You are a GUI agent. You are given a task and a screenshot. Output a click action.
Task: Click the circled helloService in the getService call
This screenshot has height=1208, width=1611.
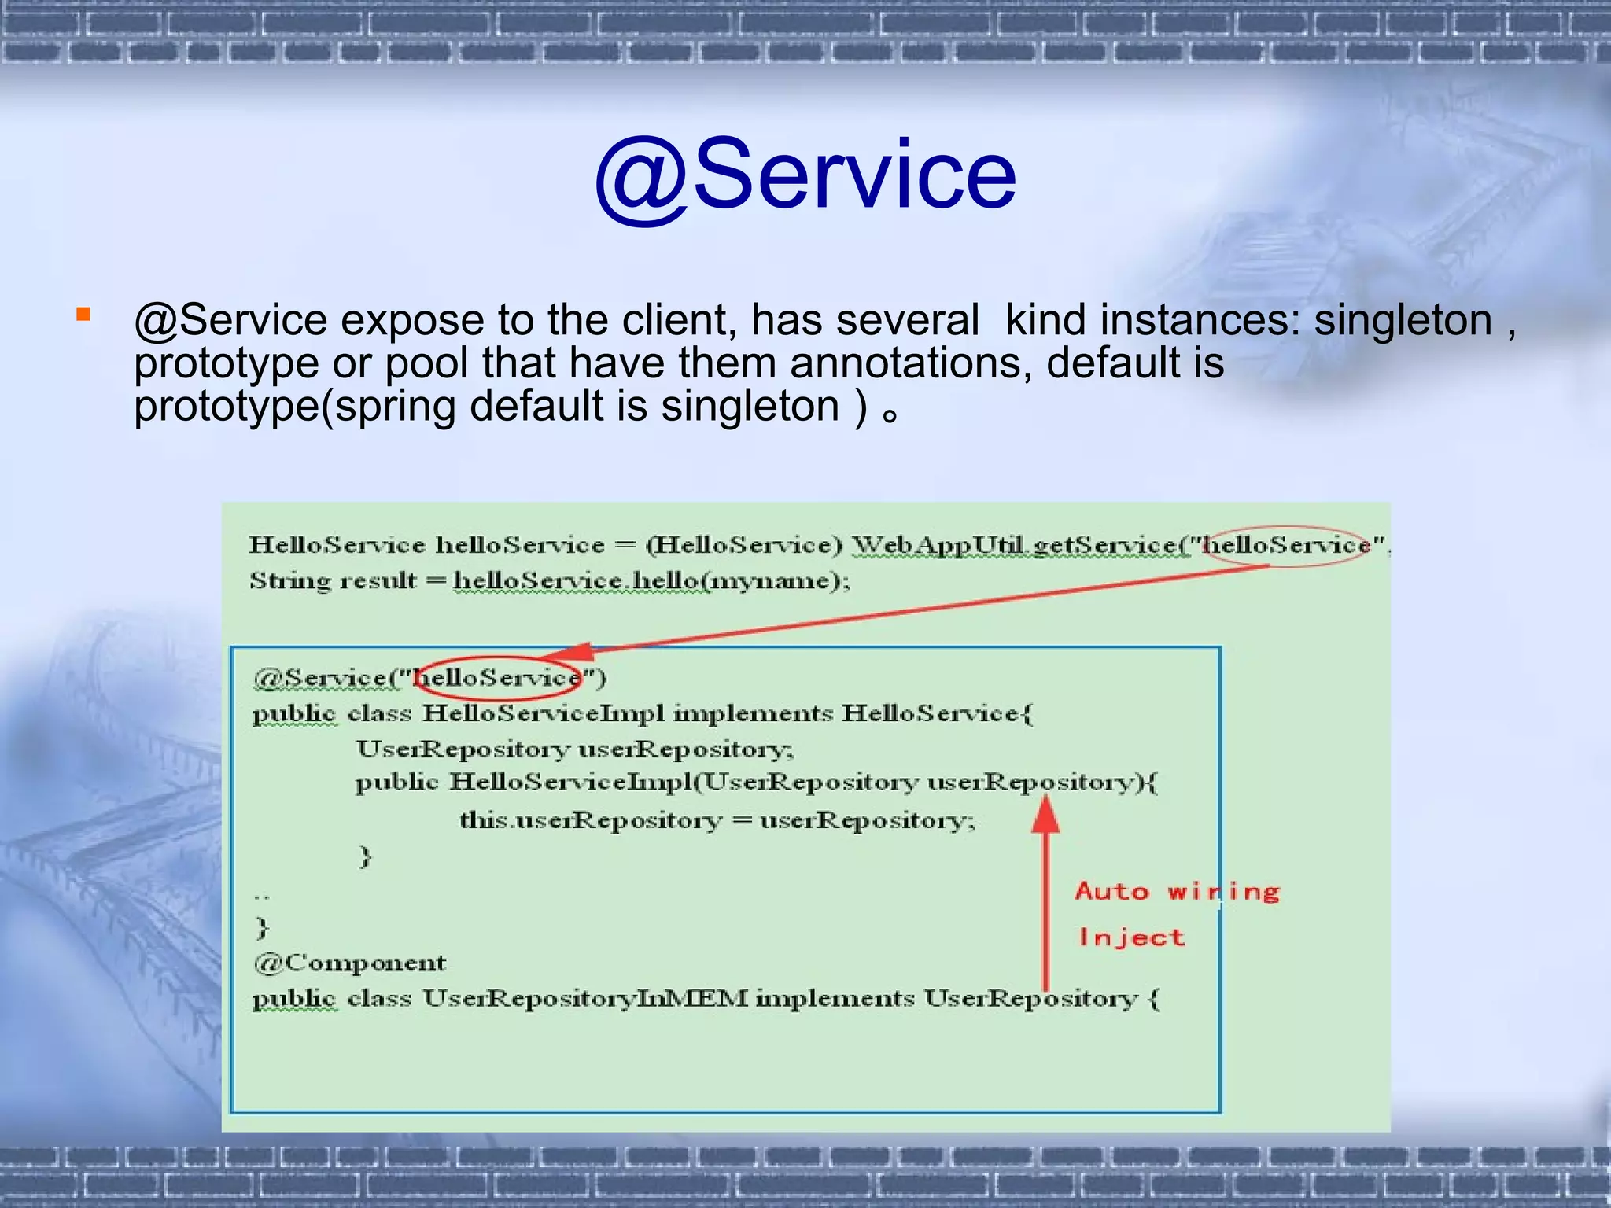click(1287, 545)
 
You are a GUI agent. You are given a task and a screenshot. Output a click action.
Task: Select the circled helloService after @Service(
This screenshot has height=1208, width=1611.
click(498, 677)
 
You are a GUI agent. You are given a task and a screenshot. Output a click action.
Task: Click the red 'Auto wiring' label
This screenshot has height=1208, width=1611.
click(1177, 892)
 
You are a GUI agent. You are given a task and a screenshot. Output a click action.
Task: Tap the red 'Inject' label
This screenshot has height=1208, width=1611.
click(1131, 937)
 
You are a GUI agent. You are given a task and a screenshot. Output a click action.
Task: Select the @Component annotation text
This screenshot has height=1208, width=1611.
click(350, 963)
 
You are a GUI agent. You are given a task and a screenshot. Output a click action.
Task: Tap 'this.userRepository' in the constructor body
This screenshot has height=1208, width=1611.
click(590, 821)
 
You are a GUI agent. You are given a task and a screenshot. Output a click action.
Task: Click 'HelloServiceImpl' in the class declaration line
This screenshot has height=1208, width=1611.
click(543, 714)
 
